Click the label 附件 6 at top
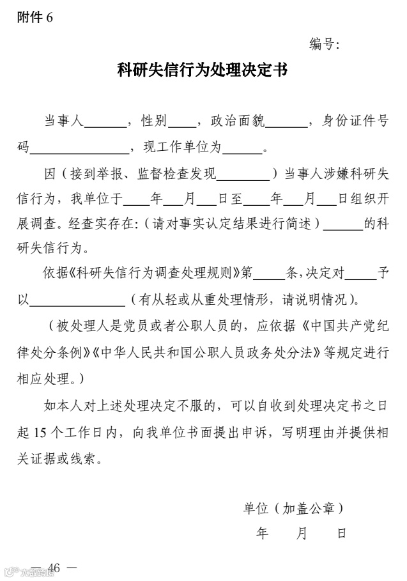click(35, 18)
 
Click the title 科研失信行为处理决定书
click(203, 70)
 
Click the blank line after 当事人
click(105, 122)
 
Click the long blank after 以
click(78, 301)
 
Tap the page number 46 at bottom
click(53, 568)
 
